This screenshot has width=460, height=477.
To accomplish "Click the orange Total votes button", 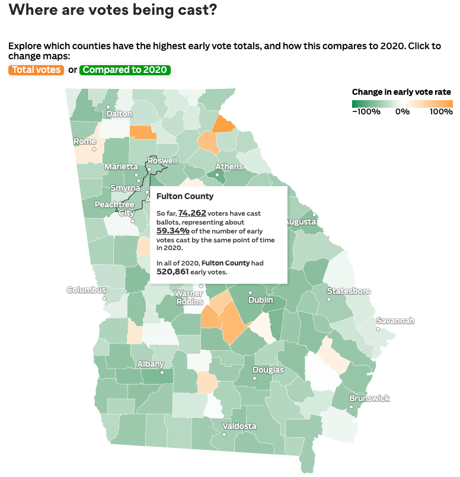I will pos(36,70).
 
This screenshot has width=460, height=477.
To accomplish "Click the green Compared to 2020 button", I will pos(125,70).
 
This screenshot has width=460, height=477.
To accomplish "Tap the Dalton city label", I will pos(119,114).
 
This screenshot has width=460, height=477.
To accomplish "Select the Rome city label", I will pos(85,142).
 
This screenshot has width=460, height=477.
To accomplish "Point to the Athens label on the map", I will pos(229,167).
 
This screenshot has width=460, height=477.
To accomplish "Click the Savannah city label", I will pos(395,321).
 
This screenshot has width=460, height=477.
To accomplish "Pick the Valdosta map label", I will pos(239,426).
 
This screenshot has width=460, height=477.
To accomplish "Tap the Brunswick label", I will pos(369,398).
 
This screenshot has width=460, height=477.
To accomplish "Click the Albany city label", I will pos(150,364).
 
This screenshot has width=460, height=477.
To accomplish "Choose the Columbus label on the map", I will pos(86,290).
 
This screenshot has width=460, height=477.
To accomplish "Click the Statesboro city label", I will pos(349,291).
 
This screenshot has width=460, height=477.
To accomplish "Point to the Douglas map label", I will pos(268,370).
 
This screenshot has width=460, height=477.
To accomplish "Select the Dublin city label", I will pos(260,300).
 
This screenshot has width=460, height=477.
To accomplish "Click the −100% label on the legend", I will pos(366,111).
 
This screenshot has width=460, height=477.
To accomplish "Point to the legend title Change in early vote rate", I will pos(401,92).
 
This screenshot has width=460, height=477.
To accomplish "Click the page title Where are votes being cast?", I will pos(113,10).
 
